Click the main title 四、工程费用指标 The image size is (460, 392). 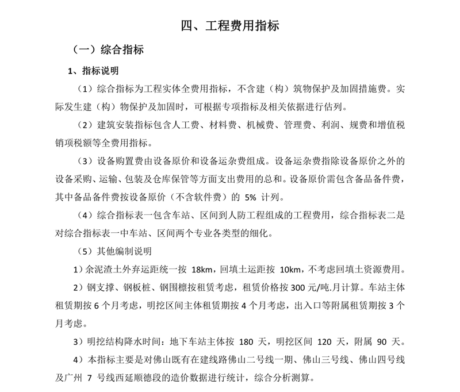pyautogui.click(x=230, y=25)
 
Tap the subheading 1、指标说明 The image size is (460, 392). pyautogui.click(x=93, y=71)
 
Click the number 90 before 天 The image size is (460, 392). pyautogui.click(x=382, y=342)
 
